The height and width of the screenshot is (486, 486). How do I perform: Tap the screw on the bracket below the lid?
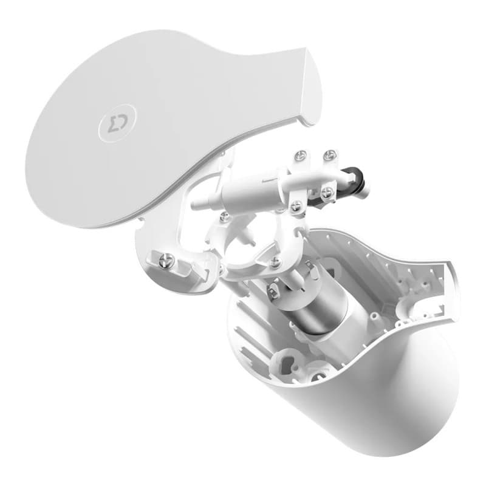[x=166, y=261]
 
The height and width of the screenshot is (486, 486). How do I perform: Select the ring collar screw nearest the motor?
[x=276, y=262]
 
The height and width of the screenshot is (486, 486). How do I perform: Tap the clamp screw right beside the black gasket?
[x=327, y=194]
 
